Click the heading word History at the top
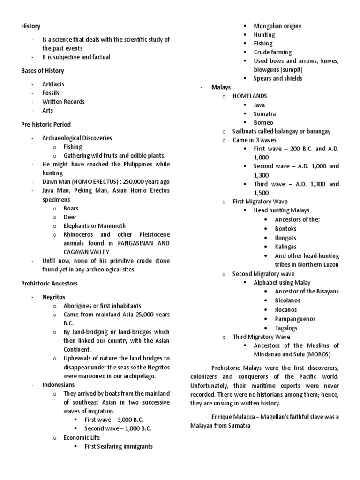click(x=31, y=26)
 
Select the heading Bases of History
click(x=43, y=71)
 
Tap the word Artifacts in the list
click(x=53, y=84)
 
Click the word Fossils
click(x=51, y=93)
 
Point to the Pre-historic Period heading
click(x=46, y=124)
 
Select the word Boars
click(x=71, y=209)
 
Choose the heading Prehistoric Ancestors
click(x=49, y=284)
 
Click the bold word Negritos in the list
click(x=53, y=297)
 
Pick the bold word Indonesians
click(x=58, y=385)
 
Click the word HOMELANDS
click(x=250, y=96)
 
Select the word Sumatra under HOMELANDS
click(x=265, y=114)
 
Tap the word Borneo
click(x=263, y=123)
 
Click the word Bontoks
click(x=286, y=229)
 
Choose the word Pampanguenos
click(x=295, y=319)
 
